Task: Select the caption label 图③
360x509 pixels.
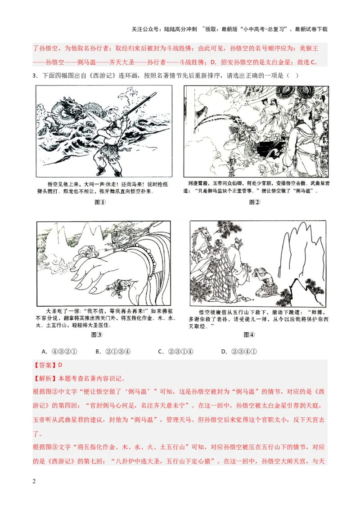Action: pyautogui.click(x=97, y=335)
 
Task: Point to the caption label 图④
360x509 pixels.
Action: pyautogui.click(x=249, y=335)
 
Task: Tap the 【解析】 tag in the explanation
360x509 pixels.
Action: pyautogui.click(x=45, y=378)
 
